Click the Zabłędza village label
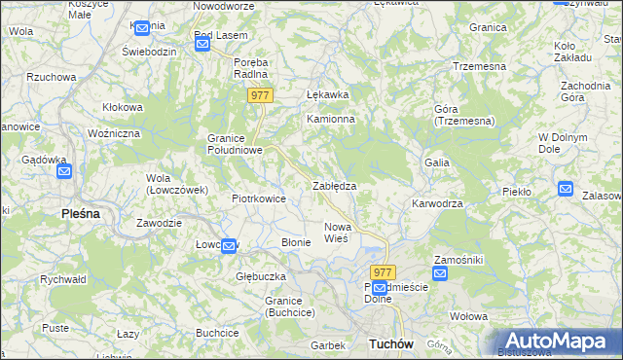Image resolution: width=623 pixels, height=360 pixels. [x=334, y=185]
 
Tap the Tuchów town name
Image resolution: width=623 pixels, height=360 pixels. [x=392, y=344]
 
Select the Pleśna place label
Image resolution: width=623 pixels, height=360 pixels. [x=81, y=213]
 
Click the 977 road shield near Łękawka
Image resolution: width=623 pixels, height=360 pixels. [x=259, y=95]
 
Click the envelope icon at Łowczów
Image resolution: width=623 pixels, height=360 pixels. [x=228, y=246]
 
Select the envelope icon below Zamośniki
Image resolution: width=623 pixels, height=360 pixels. [x=440, y=273]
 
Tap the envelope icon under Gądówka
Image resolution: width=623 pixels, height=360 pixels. [x=64, y=172]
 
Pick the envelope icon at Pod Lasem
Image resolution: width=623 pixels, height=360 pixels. [x=202, y=46]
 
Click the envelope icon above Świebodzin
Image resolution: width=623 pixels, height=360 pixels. [x=143, y=29]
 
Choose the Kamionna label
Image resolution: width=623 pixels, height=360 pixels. [x=331, y=119]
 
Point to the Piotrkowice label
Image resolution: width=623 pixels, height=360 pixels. [x=258, y=198]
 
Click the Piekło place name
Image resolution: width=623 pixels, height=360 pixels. [x=516, y=192]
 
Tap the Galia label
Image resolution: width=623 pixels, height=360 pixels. [x=436, y=162]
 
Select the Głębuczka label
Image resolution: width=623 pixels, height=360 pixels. [x=260, y=276]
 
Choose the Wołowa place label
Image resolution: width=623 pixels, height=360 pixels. [x=468, y=316]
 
